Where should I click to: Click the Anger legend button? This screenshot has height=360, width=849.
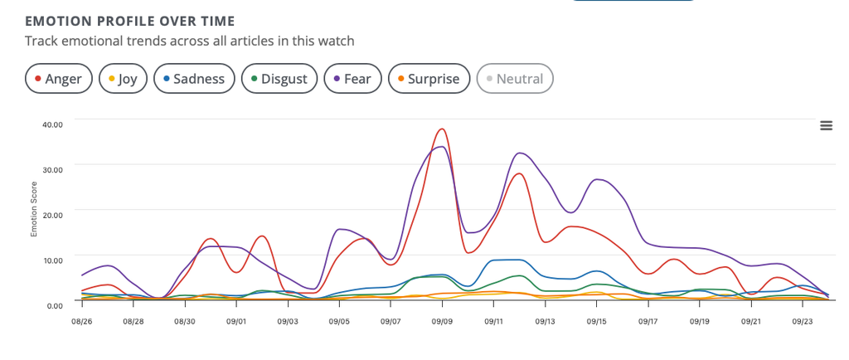pyautogui.click(x=59, y=79)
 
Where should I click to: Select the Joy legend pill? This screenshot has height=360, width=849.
pyautogui.click(x=123, y=79)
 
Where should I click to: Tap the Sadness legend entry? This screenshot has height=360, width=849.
pyautogui.click(x=194, y=79)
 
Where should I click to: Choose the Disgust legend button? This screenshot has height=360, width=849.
pyautogui.click(x=279, y=79)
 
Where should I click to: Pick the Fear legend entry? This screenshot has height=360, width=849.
pyautogui.click(x=352, y=79)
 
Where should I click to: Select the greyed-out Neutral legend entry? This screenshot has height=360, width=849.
pyautogui.click(x=514, y=79)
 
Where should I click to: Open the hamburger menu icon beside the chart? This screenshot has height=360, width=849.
pyautogui.click(x=827, y=125)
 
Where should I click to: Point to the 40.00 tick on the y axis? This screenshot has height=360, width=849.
pyautogui.click(x=52, y=124)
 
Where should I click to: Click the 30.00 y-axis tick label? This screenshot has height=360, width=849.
pyautogui.click(x=52, y=169)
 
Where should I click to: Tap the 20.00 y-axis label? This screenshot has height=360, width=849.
pyautogui.click(x=52, y=214)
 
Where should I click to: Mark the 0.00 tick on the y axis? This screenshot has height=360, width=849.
pyautogui.click(x=54, y=305)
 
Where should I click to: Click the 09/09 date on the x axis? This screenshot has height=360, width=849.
pyautogui.click(x=442, y=322)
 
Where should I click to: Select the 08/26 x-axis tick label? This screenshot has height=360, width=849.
pyautogui.click(x=81, y=322)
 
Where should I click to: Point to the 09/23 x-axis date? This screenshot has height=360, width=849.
pyautogui.click(x=803, y=322)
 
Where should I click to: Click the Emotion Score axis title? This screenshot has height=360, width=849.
pyautogui.click(x=33, y=209)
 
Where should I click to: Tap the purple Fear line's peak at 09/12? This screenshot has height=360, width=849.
pyautogui.click(x=520, y=153)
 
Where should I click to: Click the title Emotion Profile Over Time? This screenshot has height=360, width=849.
pyautogui.click(x=130, y=21)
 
